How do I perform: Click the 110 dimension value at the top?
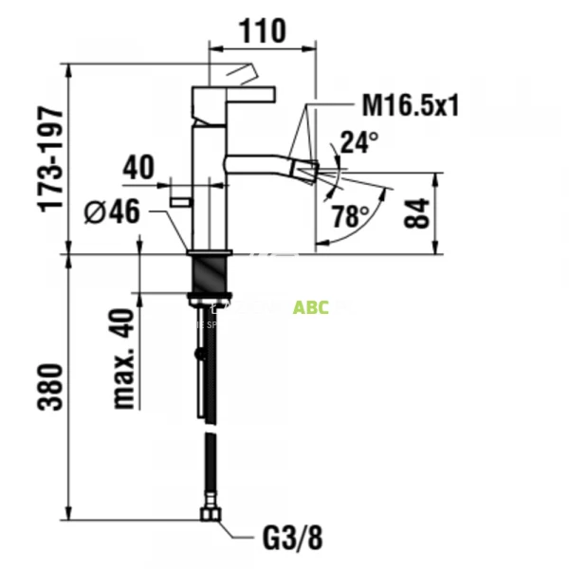click(x=261, y=30)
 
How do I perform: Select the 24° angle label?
click(x=359, y=141)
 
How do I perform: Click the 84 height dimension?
click(x=416, y=213)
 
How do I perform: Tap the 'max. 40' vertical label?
click(x=124, y=359)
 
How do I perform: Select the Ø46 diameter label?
click(x=113, y=211)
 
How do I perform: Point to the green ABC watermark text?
click(x=311, y=307)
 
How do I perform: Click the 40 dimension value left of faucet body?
click(x=138, y=168)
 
